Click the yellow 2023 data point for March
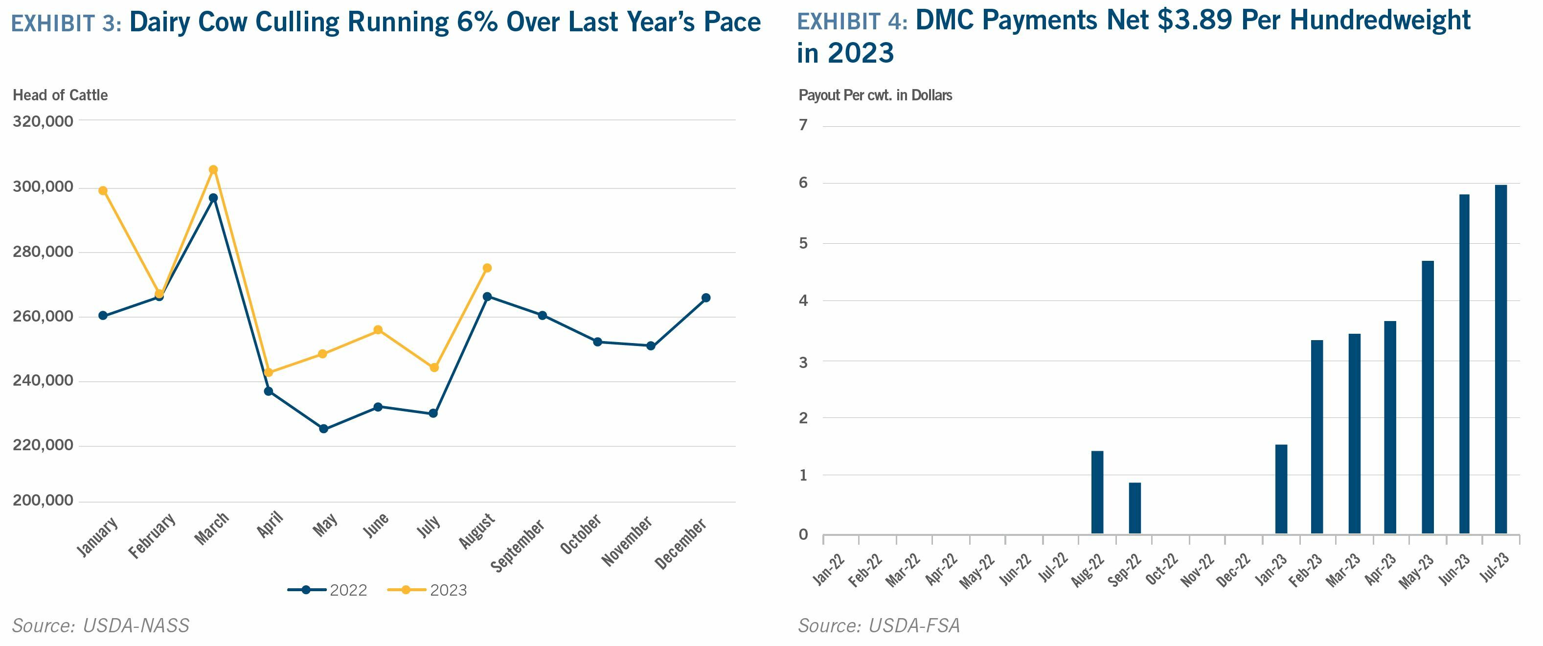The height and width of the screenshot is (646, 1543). click(213, 170)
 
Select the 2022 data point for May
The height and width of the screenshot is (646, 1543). click(323, 429)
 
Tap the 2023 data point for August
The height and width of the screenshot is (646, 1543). click(487, 268)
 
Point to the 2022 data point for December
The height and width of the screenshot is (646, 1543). click(705, 298)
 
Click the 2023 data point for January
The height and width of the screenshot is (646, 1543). click(103, 190)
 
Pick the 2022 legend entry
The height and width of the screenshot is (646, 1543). click(328, 590)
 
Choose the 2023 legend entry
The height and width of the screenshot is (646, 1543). click(428, 590)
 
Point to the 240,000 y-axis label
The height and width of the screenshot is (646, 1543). click(43, 381)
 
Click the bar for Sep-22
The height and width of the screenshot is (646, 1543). click(1135, 508)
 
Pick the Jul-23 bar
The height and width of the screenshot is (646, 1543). click(1500, 360)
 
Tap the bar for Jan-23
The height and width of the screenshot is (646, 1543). click(1281, 489)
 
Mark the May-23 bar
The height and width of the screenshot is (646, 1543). click(1428, 397)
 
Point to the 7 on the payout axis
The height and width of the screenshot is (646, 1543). click(803, 125)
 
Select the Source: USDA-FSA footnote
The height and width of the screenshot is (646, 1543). click(879, 625)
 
